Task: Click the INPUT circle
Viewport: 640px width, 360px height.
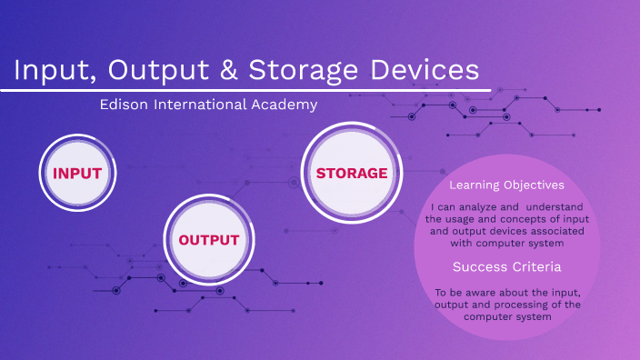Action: click(x=76, y=173)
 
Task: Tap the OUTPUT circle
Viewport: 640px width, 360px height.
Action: click(x=208, y=240)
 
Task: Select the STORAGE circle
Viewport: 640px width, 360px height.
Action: click(x=351, y=173)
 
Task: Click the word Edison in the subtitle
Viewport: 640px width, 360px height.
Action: click(x=125, y=105)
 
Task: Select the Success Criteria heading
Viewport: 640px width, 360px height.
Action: click(x=506, y=267)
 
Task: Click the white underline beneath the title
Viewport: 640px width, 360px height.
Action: click(x=245, y=89)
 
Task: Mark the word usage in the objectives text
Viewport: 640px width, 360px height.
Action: click(x=466, y=219)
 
